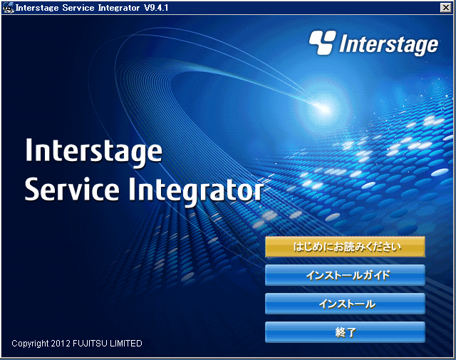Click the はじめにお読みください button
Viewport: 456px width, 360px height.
(x=345, y=247)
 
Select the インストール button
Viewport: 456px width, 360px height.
(x=345, y=304)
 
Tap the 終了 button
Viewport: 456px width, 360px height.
(x=345, y=332)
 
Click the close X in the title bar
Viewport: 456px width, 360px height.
(x=445, y=7)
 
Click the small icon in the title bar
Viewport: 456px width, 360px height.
(x=8, y=8)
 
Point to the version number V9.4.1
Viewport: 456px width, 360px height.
(x=156, y=8)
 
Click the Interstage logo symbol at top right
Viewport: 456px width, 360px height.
(x=322, y=43)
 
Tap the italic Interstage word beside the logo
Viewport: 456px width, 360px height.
(x=388, y=45)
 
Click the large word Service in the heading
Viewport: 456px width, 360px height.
(x=72, y=190)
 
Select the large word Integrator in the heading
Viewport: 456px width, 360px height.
(x=195, y=192)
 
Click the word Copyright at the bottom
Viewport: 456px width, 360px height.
(x=30, y=344)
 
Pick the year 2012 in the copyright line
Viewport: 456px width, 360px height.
(x=61, y=344)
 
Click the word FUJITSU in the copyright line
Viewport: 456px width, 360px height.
(x=90, y=344)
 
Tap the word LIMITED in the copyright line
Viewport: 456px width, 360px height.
(x=126, y=344)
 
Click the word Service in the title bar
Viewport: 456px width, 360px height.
(x=78, y=8)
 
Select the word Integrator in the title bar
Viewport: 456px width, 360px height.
(x=119, y=8)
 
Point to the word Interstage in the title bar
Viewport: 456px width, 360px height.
(x=37, y=8)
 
